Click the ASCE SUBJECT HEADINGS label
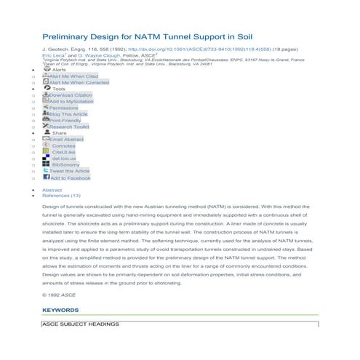click(x=81, y=324)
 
